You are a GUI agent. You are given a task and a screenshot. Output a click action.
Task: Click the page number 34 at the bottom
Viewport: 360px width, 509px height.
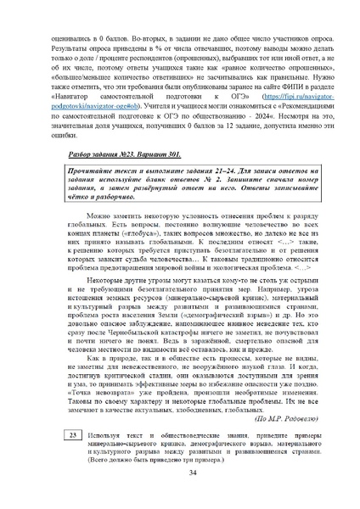(x=180, y=473)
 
